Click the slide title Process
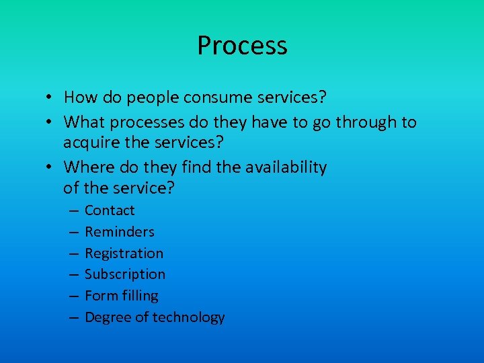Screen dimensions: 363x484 [242, 46]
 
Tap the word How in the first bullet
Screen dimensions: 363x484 [79, 97]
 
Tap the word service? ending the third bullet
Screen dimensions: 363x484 [143, 188]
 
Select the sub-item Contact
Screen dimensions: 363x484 [110, 210]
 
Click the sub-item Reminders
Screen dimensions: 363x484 [120, 232]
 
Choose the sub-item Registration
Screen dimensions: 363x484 [124, 253]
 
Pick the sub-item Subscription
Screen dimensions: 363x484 [125, 274]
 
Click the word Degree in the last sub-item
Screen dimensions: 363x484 [107, 317]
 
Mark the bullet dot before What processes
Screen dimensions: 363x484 [50, 123]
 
